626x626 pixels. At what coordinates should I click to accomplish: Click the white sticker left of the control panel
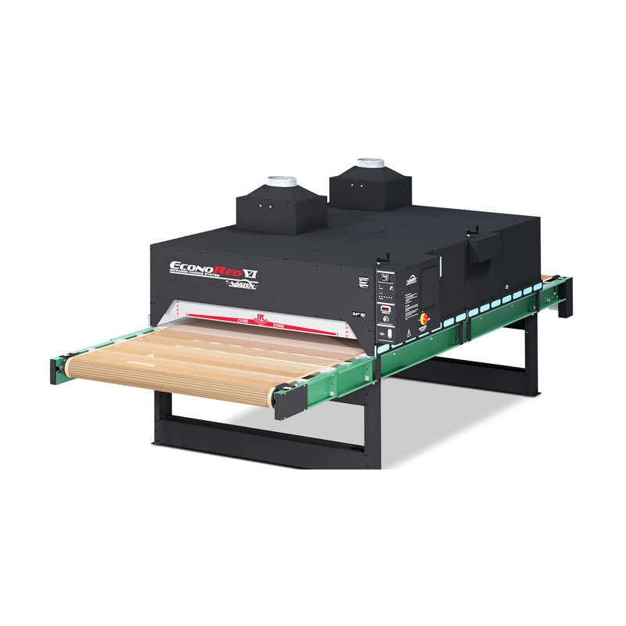(x=363, y=282)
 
